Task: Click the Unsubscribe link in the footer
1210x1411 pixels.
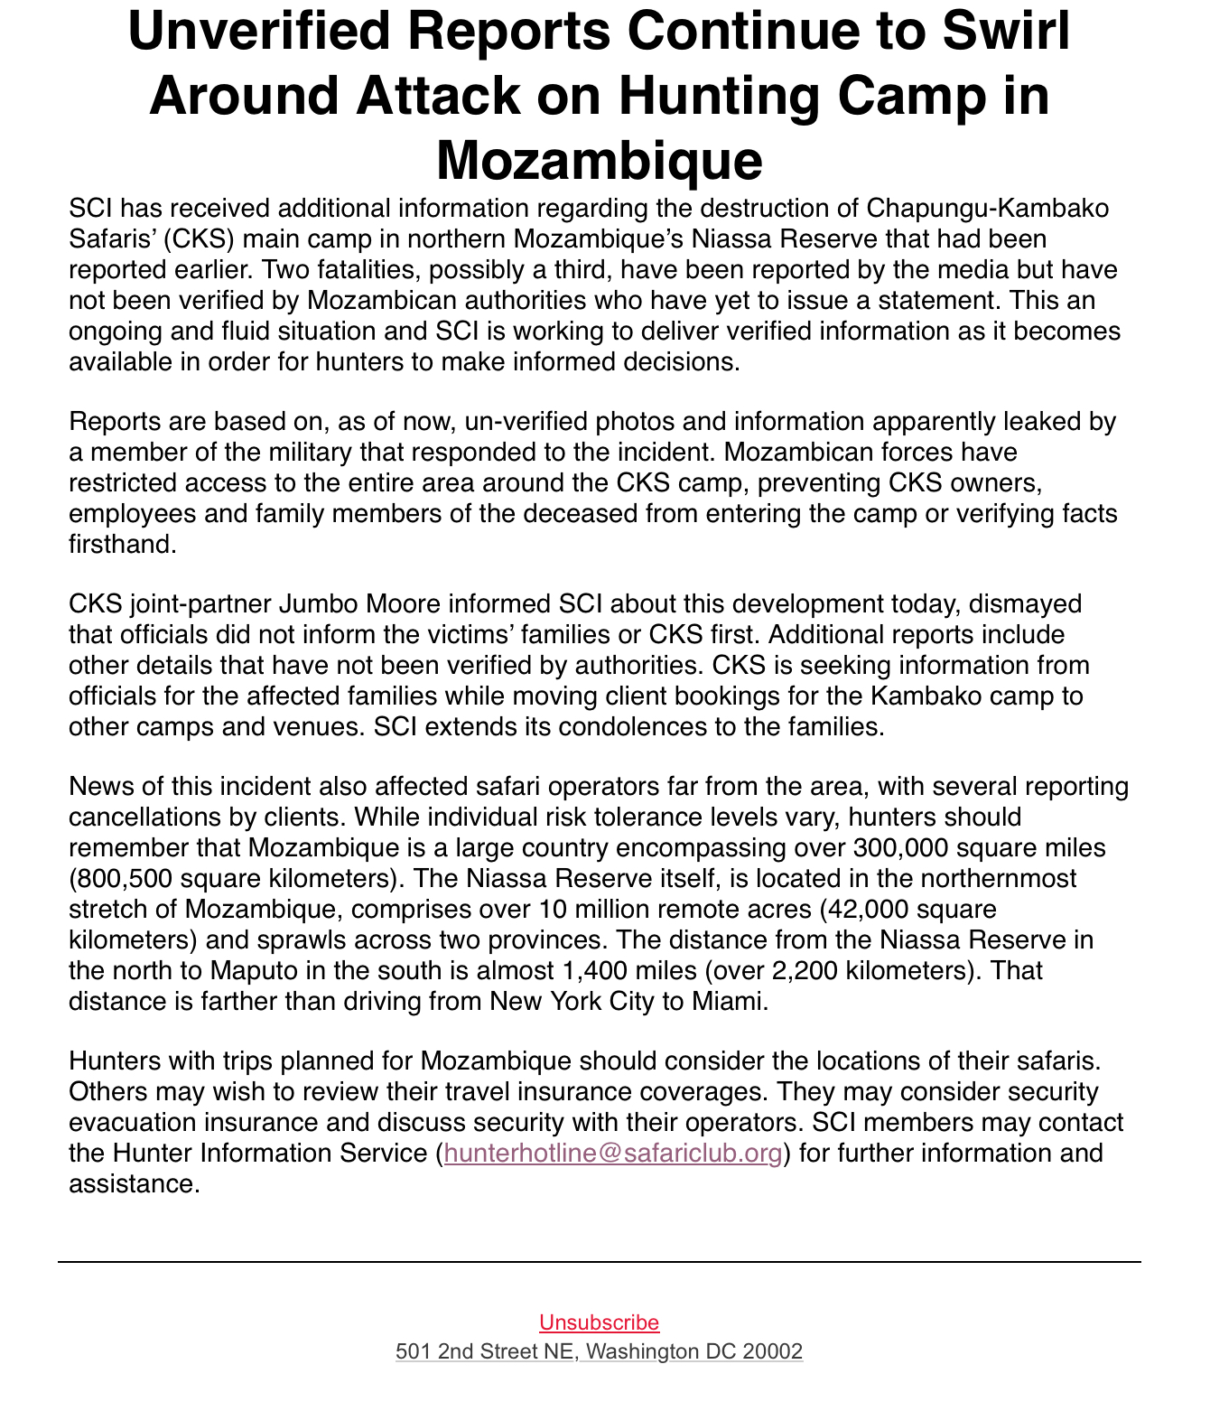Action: coord(599,1322)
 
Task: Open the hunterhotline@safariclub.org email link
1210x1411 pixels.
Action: coord(612,1154)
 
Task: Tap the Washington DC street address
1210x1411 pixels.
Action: coord(599,1351)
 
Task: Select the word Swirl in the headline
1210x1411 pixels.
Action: coord(1006,31)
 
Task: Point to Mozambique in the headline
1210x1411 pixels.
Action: coord(599,160)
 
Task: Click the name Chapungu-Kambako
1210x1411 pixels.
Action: coord(987,209)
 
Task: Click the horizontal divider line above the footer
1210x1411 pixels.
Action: coord(599,1262)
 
